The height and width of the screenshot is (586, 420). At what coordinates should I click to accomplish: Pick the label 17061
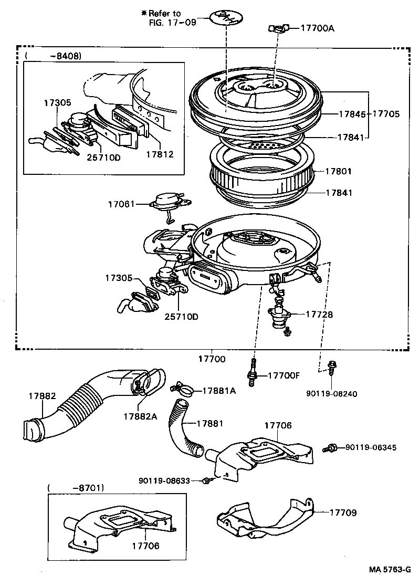[122, 203]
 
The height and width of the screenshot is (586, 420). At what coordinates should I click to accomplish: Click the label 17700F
[283, 375]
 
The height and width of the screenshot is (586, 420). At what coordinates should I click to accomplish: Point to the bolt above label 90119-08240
[332, 368]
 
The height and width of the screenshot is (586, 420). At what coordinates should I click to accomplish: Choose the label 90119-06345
[370, 447]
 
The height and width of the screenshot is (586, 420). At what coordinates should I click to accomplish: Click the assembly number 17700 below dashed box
[212, 360]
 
